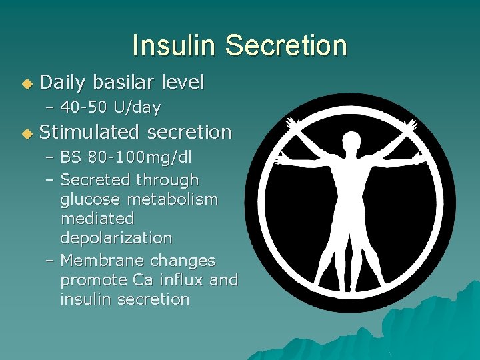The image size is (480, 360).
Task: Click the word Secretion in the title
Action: coord(286,46)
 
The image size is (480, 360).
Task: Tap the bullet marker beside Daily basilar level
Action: coord(26,84)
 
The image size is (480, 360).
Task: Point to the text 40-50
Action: coord(84,107)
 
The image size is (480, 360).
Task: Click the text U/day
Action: coord(136,107)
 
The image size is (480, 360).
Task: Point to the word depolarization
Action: coord(116,238)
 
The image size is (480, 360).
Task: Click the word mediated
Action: coord(97,219)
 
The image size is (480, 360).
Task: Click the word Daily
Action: coord(63,83)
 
